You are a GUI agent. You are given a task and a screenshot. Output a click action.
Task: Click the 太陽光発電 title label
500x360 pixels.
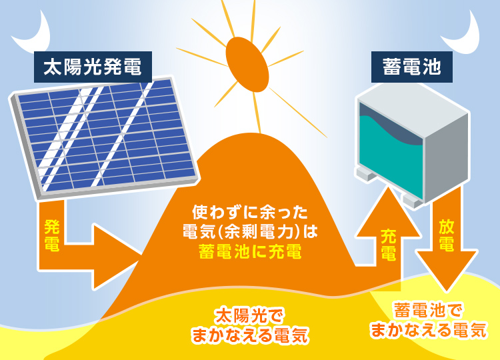click(93, 67)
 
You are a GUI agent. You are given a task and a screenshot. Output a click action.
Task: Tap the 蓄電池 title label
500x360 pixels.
click(412, 67)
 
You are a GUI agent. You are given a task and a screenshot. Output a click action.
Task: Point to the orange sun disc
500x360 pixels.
click(247, 65)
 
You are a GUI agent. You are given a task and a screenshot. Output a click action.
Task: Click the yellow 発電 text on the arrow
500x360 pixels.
click(51, 235)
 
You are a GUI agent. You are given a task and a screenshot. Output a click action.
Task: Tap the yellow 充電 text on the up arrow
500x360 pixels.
click(389, 245)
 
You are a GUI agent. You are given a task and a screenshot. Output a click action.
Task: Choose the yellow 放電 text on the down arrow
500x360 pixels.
click(447, 235)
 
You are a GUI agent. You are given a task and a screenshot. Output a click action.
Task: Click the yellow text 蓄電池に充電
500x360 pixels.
click(250, 252)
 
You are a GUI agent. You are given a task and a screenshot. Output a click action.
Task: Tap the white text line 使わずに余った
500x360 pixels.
click(250, 213)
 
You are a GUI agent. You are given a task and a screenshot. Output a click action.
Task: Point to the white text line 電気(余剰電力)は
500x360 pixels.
click(250, 232)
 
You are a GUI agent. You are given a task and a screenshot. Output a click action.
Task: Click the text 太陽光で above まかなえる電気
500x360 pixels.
click(250, 316)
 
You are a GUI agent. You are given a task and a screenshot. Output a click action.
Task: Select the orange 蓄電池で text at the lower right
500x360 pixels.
click(428, 310)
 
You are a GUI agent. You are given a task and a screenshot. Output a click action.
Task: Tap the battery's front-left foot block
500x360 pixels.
click(367, 174)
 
